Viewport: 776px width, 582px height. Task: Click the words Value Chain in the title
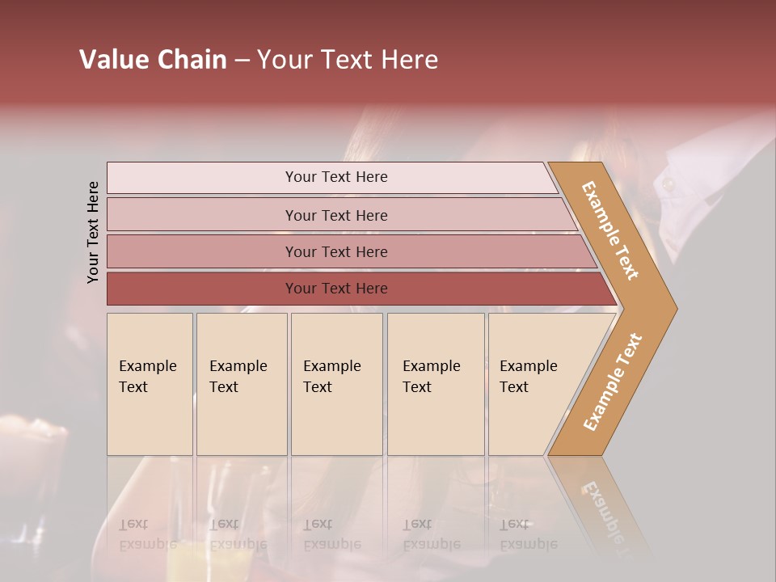[153, 60]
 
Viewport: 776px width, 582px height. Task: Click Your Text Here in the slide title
[348, 60]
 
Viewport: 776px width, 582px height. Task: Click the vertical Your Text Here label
[93, 232]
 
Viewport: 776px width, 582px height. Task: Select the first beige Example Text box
[150, 384]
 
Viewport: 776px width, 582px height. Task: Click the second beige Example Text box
[242, 384]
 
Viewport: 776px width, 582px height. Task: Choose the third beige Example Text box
[336, 384]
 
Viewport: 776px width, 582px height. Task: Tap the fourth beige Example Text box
[436, 384]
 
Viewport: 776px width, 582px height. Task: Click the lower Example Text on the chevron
[612, 382]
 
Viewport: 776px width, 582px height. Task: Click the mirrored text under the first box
[146, 534]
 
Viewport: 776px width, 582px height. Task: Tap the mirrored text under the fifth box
[527, 534]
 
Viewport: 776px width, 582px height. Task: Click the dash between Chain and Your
[242, 61]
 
